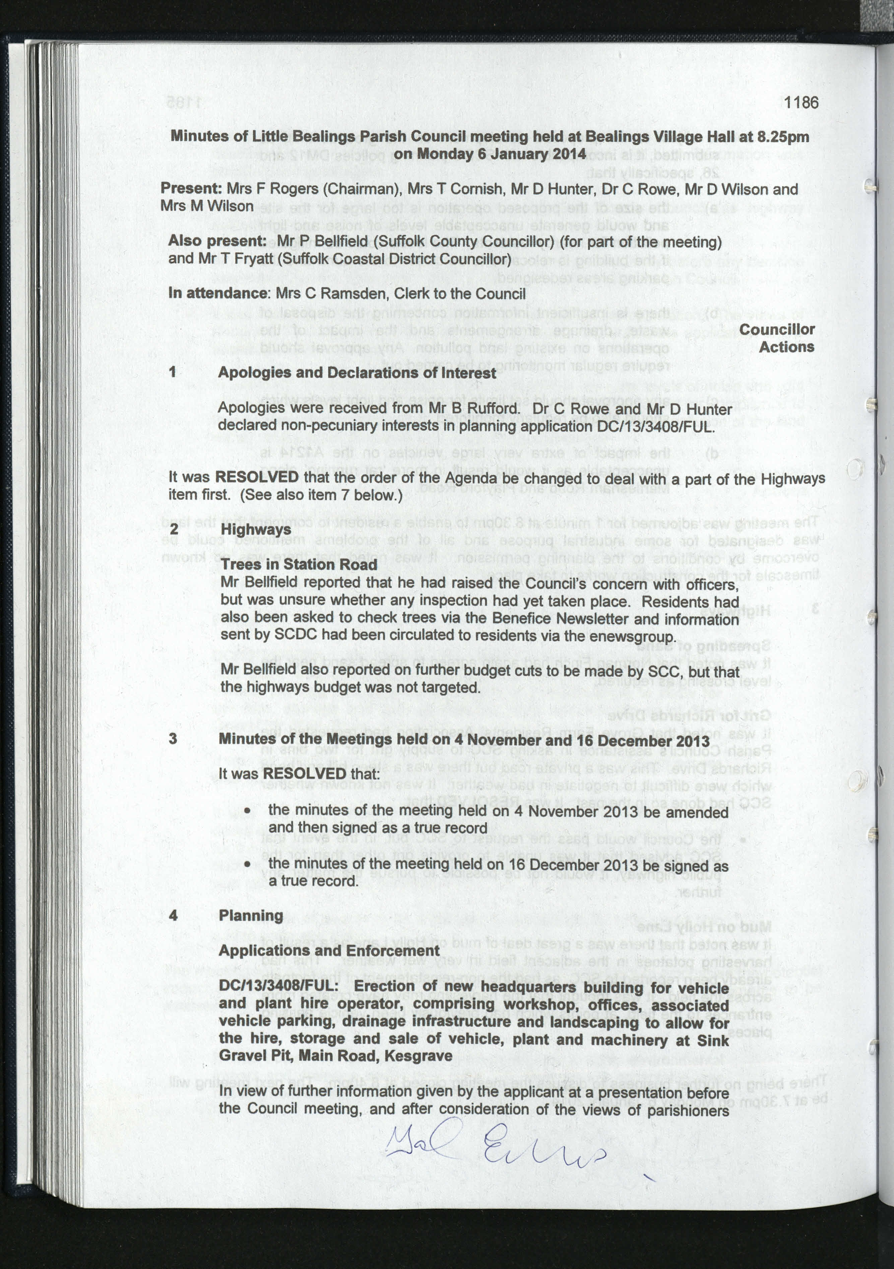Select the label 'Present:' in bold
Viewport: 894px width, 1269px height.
[x=191, y=188]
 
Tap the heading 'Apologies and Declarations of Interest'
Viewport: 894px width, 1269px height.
[x=357, y=373]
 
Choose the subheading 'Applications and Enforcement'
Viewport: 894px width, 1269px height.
[x=329, y=951]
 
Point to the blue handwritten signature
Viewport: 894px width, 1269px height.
[x=495, y=1140]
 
